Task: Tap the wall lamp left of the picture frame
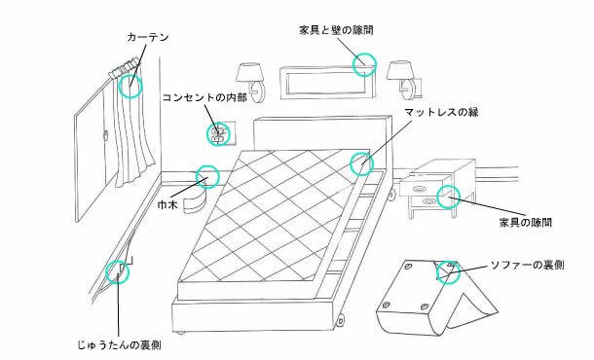247,78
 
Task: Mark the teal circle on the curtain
130,85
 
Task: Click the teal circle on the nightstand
449,195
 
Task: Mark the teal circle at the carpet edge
119,272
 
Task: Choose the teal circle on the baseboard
206,177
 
